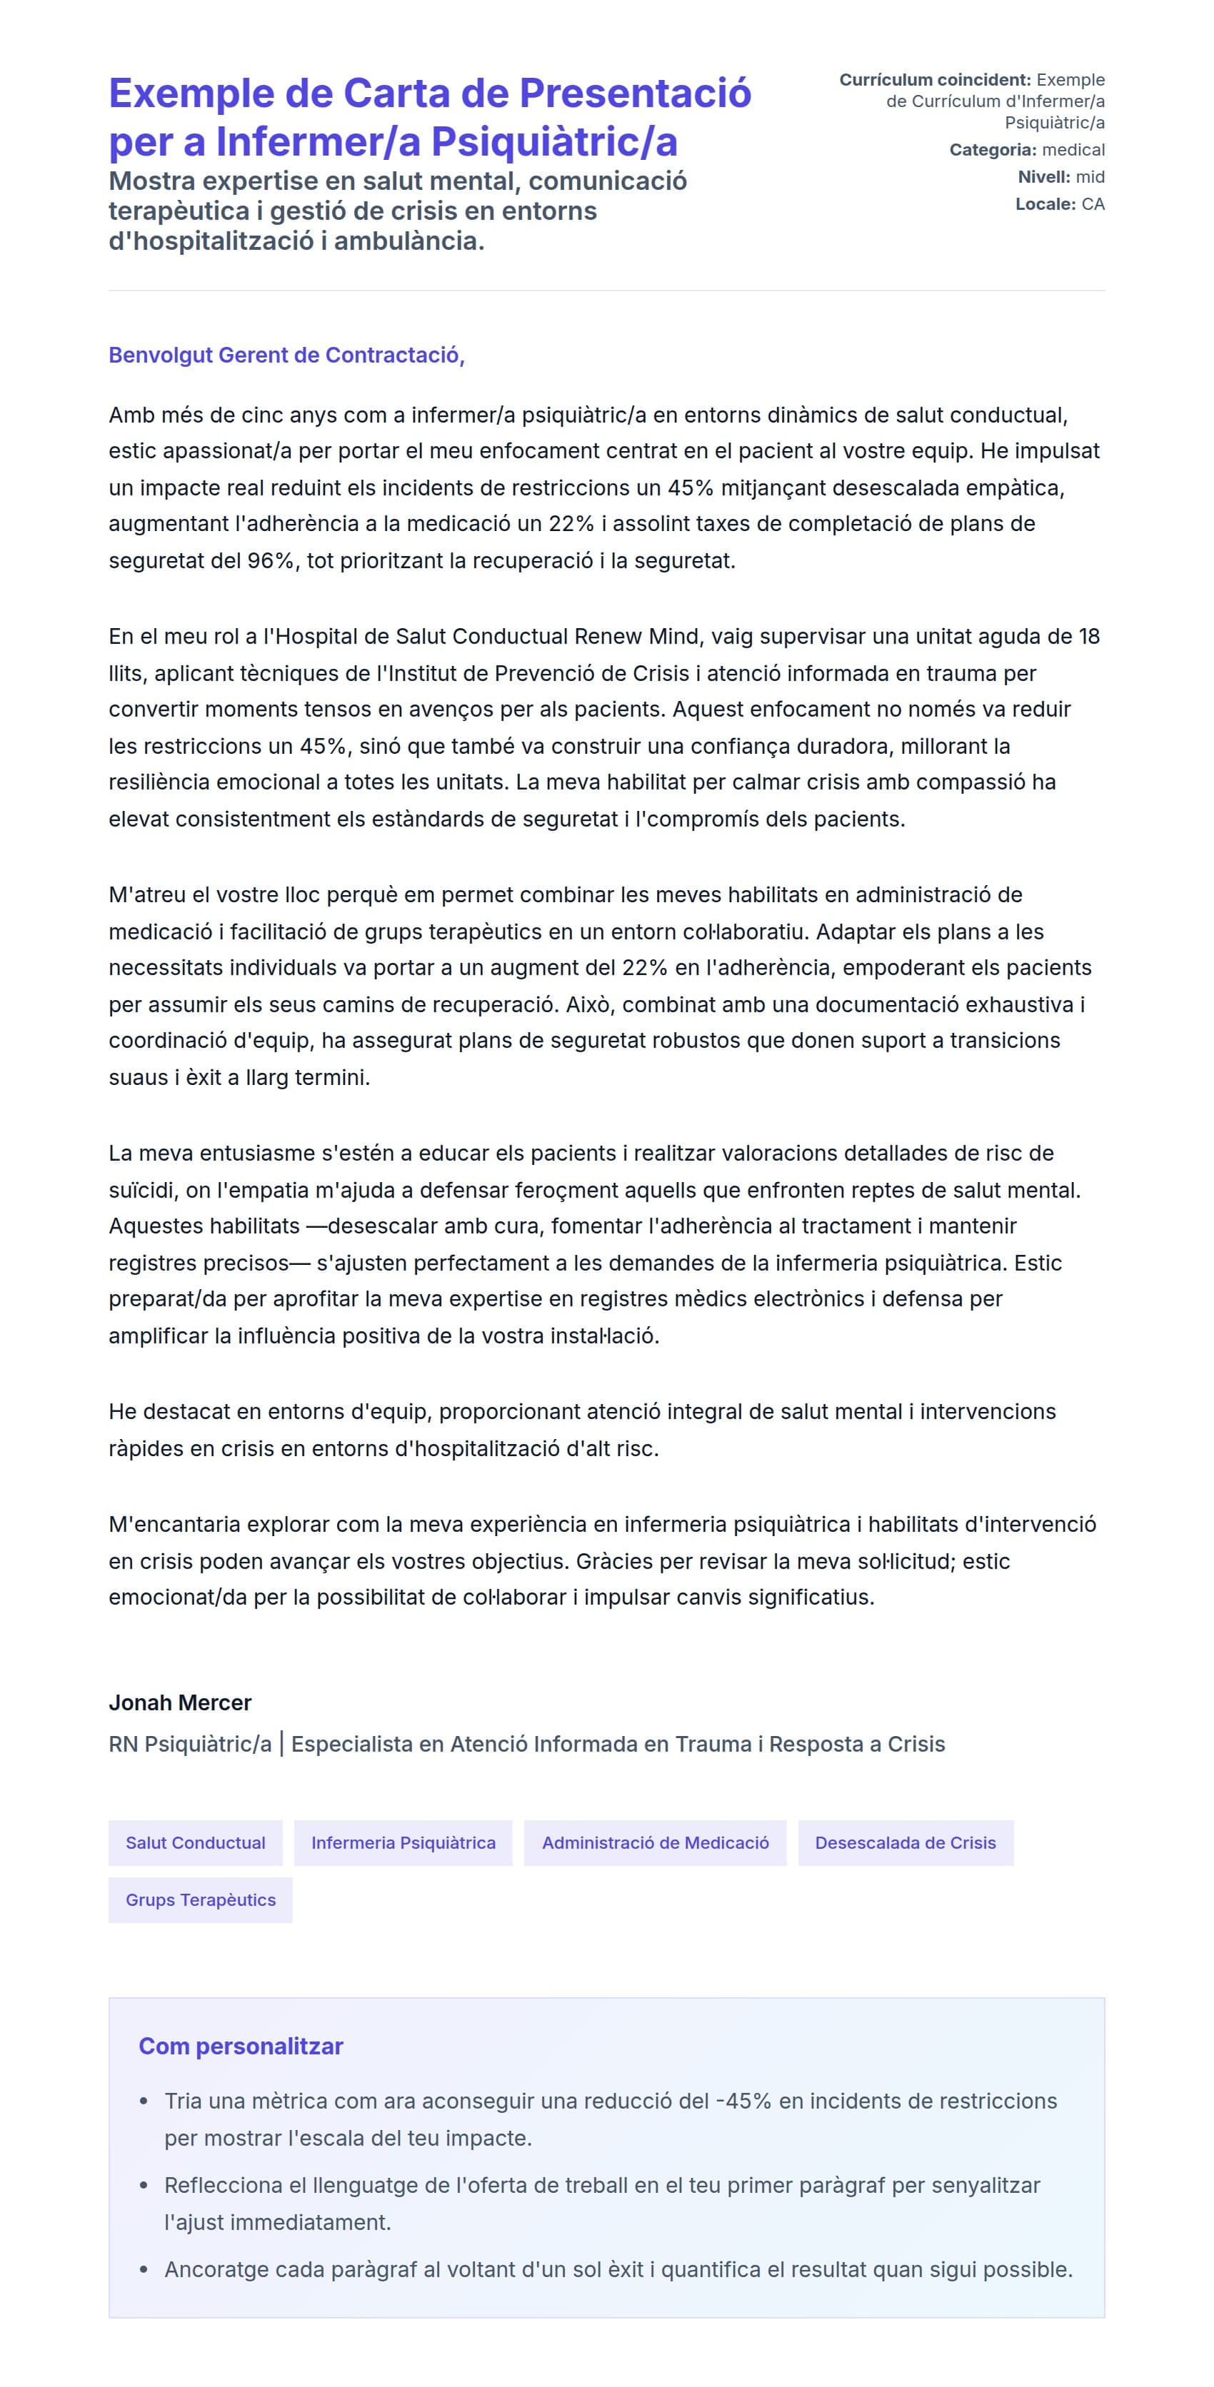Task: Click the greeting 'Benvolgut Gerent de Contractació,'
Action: click(x=286, y=355)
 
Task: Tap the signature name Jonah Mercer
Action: click(x=180, y=1702)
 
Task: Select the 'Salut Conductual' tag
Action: click(x=196, y=1842)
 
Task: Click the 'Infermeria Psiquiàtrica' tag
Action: click(x=403, y=1842)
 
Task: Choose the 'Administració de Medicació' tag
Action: click(x=655, y=1842)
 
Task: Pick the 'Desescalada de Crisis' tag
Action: click(x=906, y=1842)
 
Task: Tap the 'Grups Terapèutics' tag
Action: click(x=200, y=1899)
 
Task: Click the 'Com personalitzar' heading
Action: click(x=241, y=2046)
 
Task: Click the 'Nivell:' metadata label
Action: click(x=1043, y=177)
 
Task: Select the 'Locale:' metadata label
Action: click(x=1045, y=204)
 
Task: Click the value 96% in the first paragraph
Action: click(x=271, y=560)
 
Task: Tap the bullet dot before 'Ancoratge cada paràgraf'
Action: click(x=144, y=2269)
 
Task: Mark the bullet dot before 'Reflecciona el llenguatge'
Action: click(x=144, y=2185)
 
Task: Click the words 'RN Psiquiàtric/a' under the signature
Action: click(x=190, y=1744)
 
